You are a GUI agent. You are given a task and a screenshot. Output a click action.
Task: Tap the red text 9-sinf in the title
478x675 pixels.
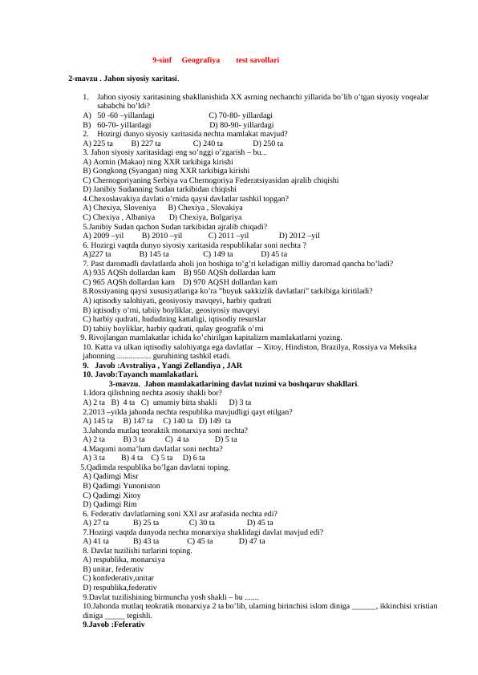point(163,60)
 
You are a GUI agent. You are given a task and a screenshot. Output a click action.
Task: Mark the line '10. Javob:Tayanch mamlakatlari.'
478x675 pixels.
point(140,374)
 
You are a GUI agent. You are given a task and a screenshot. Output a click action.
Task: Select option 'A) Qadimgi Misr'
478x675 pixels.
point(111,475)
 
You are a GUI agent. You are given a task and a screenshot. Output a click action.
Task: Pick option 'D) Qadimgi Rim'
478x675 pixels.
point(110,503)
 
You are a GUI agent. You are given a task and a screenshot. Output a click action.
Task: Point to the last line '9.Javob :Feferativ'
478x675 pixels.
point(113,624)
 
